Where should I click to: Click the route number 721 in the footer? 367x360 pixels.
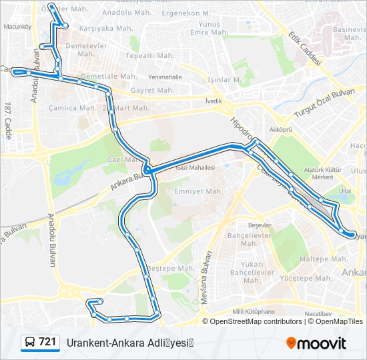[x=47, y=343]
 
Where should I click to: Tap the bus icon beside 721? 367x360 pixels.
[x=30, y=343]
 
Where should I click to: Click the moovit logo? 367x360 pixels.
[x=317, y=343]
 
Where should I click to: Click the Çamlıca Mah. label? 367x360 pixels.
[x=72, y=108]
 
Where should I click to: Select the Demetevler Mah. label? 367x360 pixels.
[x=86, y=50]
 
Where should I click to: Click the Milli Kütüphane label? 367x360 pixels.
[x=254, y=311]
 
